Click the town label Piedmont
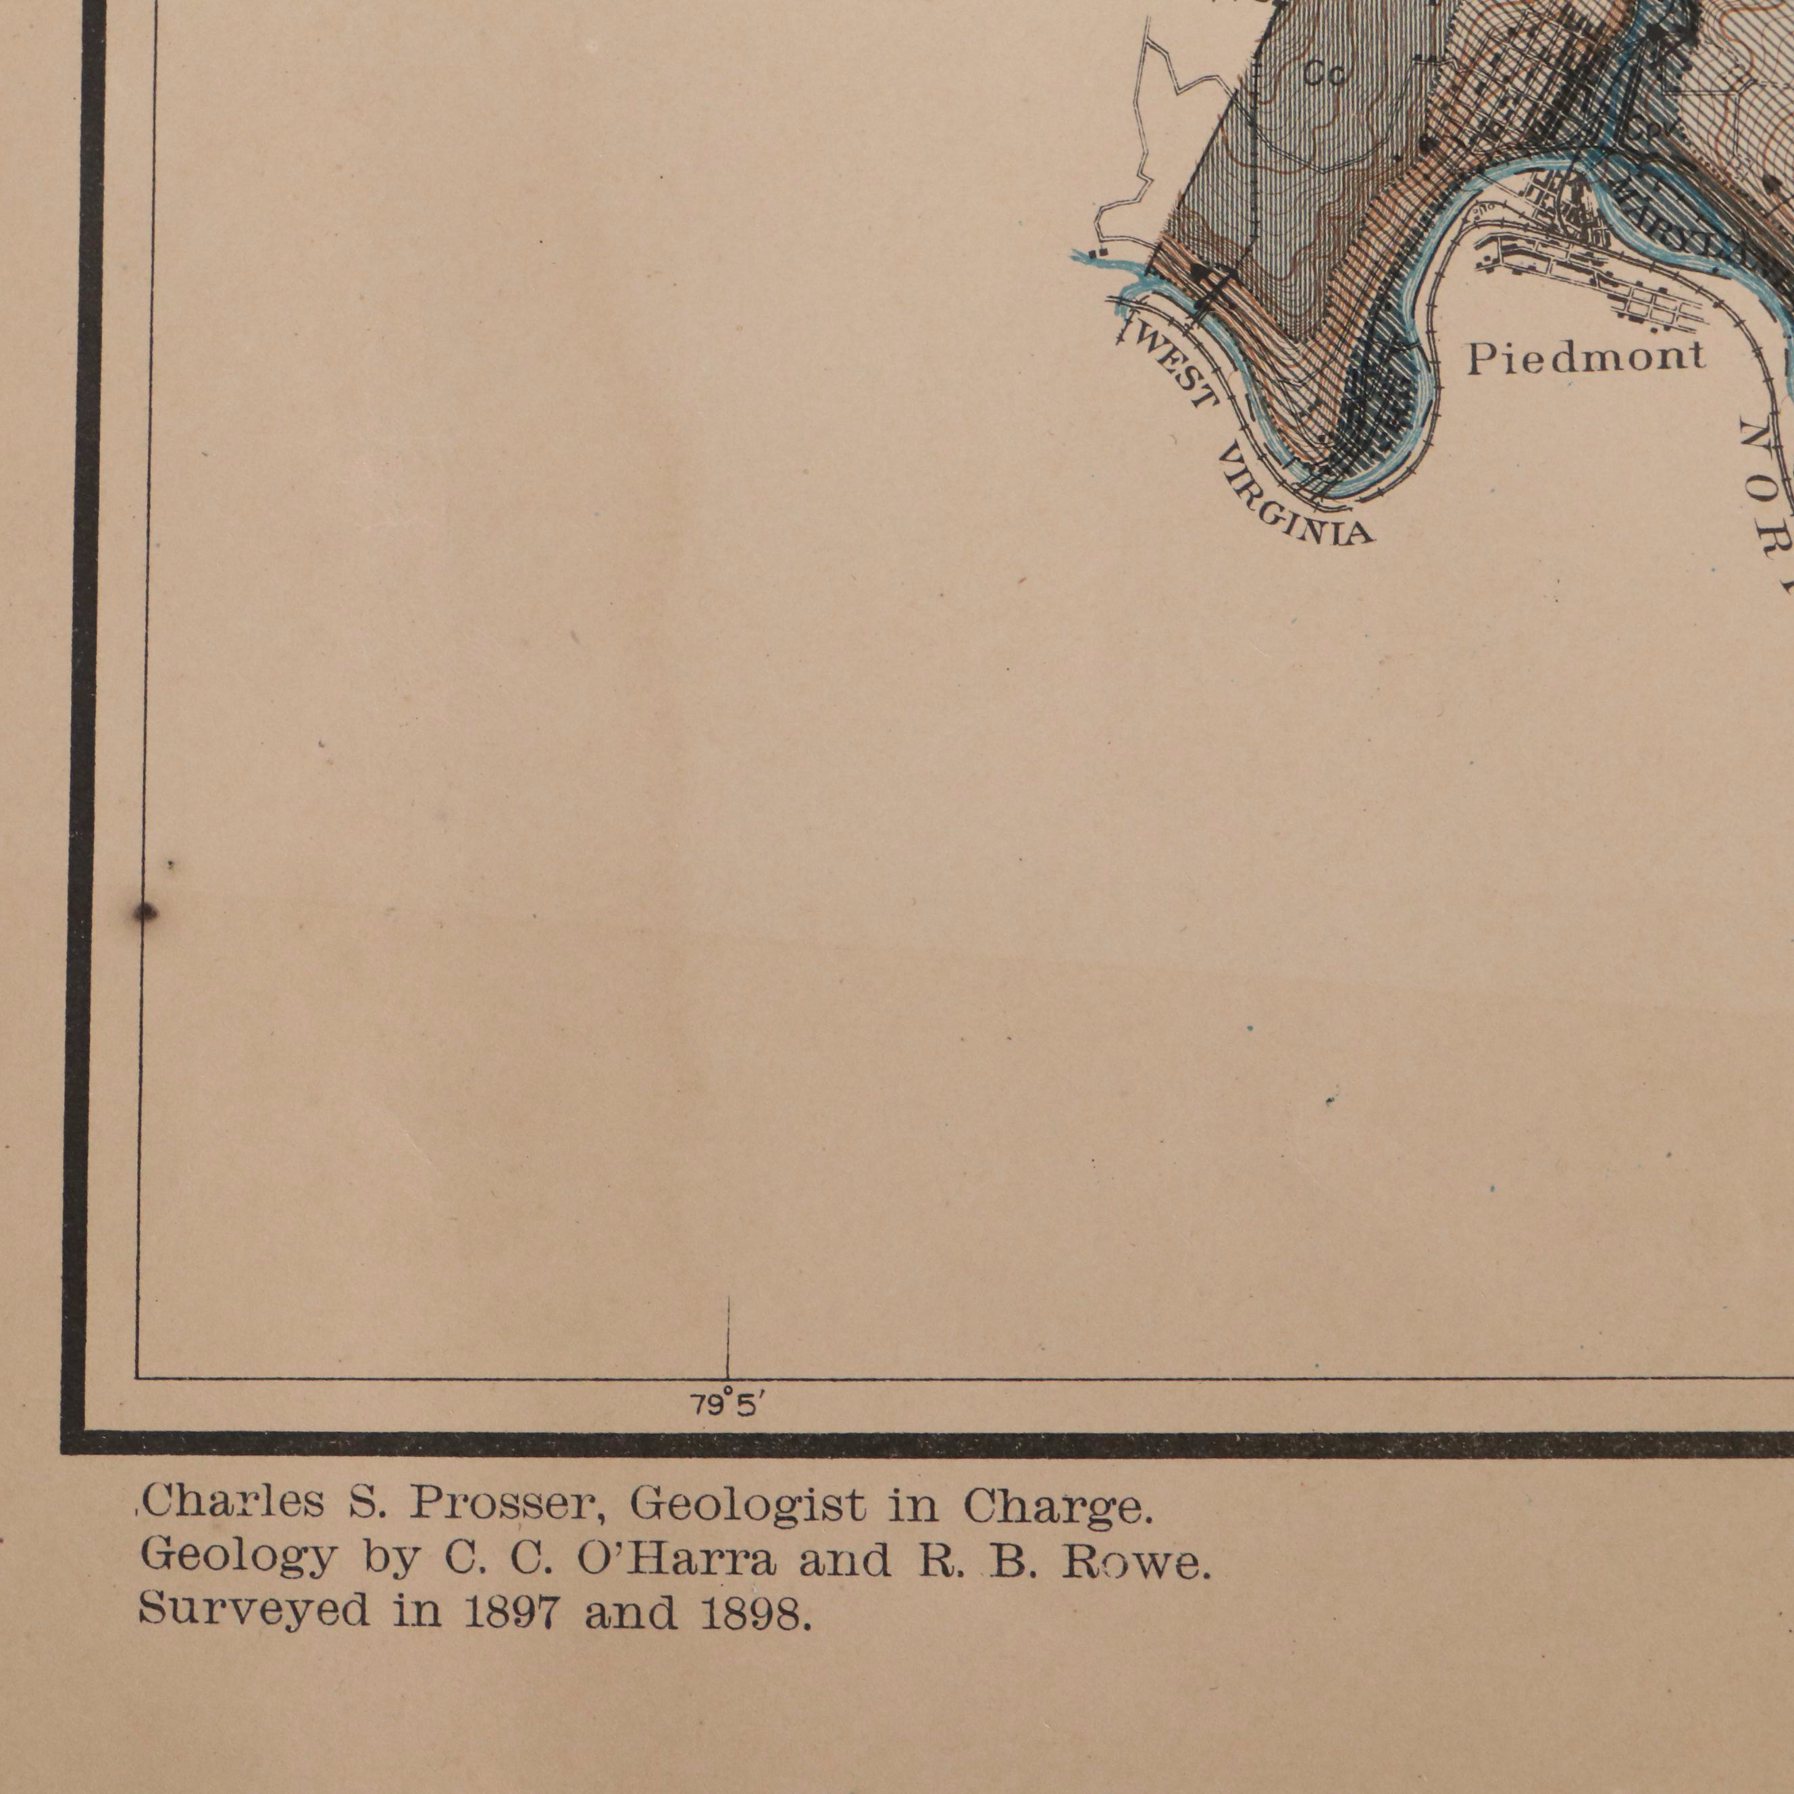[x=1585, y=357]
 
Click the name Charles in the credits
[x=234, y=1504]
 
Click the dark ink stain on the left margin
[x=144, y=913]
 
